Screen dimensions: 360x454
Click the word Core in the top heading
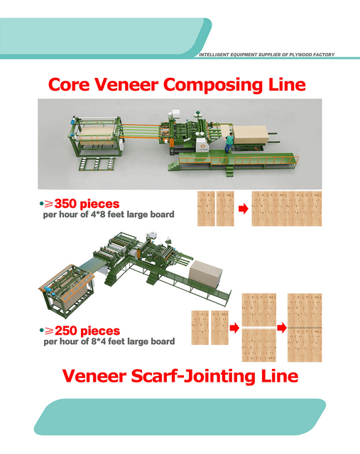(69, 84)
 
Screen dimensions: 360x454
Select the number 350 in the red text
(65, 204)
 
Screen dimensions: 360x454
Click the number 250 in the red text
(66, 331)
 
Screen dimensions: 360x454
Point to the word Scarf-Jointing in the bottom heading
(193, 377)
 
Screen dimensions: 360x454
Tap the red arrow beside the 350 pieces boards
(243, 209)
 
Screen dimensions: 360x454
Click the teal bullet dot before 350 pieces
(41, 204)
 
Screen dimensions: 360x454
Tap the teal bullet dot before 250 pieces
(41, 331)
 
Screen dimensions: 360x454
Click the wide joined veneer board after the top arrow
(287, 209)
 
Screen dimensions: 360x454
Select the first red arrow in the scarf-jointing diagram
(234, 328)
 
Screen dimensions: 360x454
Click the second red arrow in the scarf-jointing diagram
(282, 328)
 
